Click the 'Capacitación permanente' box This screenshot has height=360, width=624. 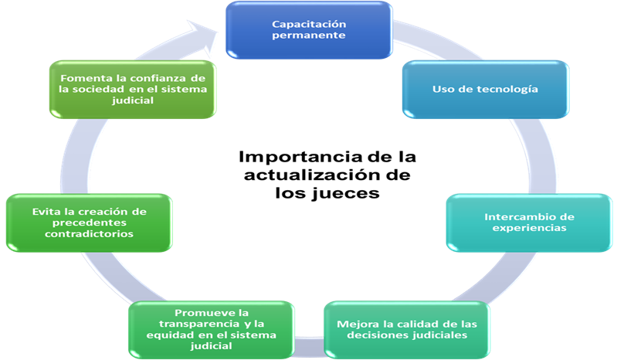tap(308, 31)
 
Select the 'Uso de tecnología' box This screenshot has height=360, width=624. tap(486, 89)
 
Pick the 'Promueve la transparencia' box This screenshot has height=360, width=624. tap(212, 329)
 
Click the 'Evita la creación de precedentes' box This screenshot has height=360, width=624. tap(90, 222)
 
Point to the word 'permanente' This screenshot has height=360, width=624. tap(308, 36)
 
